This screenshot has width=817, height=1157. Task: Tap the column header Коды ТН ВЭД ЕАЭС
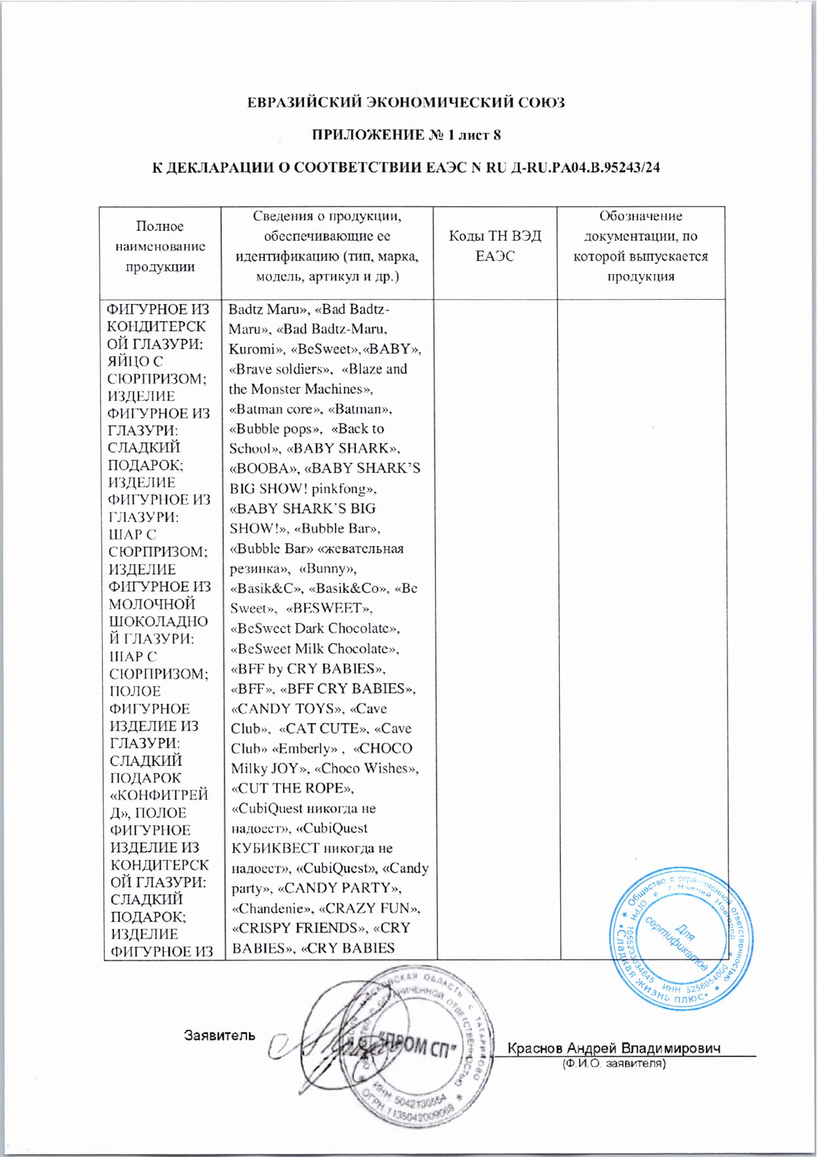pos(495,246)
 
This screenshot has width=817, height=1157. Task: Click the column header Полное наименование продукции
pos(160,246)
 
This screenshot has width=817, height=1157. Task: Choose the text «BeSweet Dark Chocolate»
pos(315,628)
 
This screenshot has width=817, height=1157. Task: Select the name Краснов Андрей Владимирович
pos(614,1047)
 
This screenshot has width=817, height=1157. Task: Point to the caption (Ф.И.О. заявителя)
pos(614,1063)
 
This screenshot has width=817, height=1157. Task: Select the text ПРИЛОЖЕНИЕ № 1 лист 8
pos(406,135)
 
